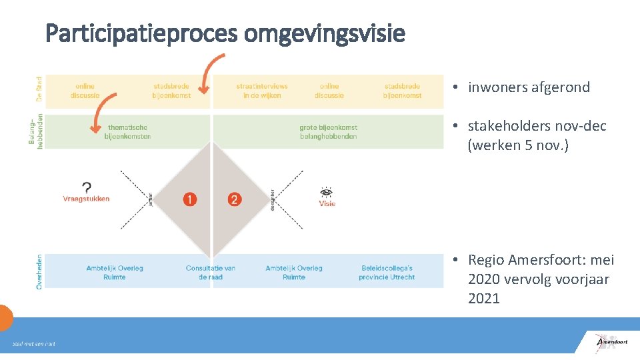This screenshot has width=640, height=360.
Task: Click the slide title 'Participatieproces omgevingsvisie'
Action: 225,33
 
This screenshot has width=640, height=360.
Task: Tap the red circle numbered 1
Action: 190,199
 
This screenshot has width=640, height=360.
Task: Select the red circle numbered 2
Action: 234,199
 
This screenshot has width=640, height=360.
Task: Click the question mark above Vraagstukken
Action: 87,187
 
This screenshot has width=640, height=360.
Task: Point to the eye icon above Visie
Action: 327,191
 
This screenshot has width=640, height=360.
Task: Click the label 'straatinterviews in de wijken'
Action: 262,91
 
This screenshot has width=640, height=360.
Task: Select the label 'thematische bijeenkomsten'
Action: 127,132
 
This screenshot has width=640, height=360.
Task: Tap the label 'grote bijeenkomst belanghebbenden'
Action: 328,132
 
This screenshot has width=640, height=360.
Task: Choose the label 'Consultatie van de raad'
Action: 211,272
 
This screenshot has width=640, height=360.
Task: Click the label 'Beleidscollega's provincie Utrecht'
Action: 387,272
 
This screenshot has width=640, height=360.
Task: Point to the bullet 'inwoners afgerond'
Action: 529,87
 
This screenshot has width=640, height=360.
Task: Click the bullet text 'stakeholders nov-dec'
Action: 537,126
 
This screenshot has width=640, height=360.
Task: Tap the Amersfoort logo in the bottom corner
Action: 611,342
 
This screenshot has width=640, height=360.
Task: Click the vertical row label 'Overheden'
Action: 39,271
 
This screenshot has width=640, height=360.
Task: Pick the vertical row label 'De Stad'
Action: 39,89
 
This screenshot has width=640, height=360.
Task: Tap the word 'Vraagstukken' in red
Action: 86,199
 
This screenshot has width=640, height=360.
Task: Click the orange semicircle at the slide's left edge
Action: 5,317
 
